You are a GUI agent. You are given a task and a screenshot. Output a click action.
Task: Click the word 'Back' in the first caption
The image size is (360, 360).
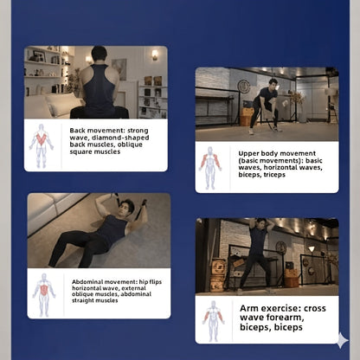coord(77,131)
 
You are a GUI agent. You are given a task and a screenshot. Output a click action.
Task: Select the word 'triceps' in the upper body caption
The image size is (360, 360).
coord(274,175)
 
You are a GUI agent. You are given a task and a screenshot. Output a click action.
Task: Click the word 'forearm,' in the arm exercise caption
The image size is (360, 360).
coord(285,318)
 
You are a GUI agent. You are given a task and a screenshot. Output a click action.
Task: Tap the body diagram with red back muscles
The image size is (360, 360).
coord(42,146)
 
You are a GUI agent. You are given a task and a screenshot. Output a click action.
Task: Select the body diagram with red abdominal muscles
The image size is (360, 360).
coord(44,295)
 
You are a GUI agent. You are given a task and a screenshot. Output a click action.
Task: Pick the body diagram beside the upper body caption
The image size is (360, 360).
coord(210,168)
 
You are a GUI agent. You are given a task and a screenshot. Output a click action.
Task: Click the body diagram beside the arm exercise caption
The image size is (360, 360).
coord(213,321)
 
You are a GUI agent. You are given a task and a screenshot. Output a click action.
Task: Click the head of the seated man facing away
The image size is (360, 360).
coord(99,55)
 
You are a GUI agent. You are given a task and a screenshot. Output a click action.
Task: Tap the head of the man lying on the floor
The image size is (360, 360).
coord(126,208)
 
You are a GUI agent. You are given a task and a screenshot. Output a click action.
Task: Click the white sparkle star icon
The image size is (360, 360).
coord(343,340)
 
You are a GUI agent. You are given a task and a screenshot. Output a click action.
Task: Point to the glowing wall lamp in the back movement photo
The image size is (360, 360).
coord(155,55)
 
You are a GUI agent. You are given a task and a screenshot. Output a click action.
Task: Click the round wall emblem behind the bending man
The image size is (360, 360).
coord(244,87)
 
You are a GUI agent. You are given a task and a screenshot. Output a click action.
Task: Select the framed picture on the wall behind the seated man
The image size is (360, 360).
coord(119,69)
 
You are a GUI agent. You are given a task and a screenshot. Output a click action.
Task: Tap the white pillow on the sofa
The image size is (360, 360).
coord(61,104)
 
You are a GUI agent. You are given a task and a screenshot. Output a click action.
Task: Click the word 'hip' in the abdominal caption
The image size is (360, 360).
coord(144,282)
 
